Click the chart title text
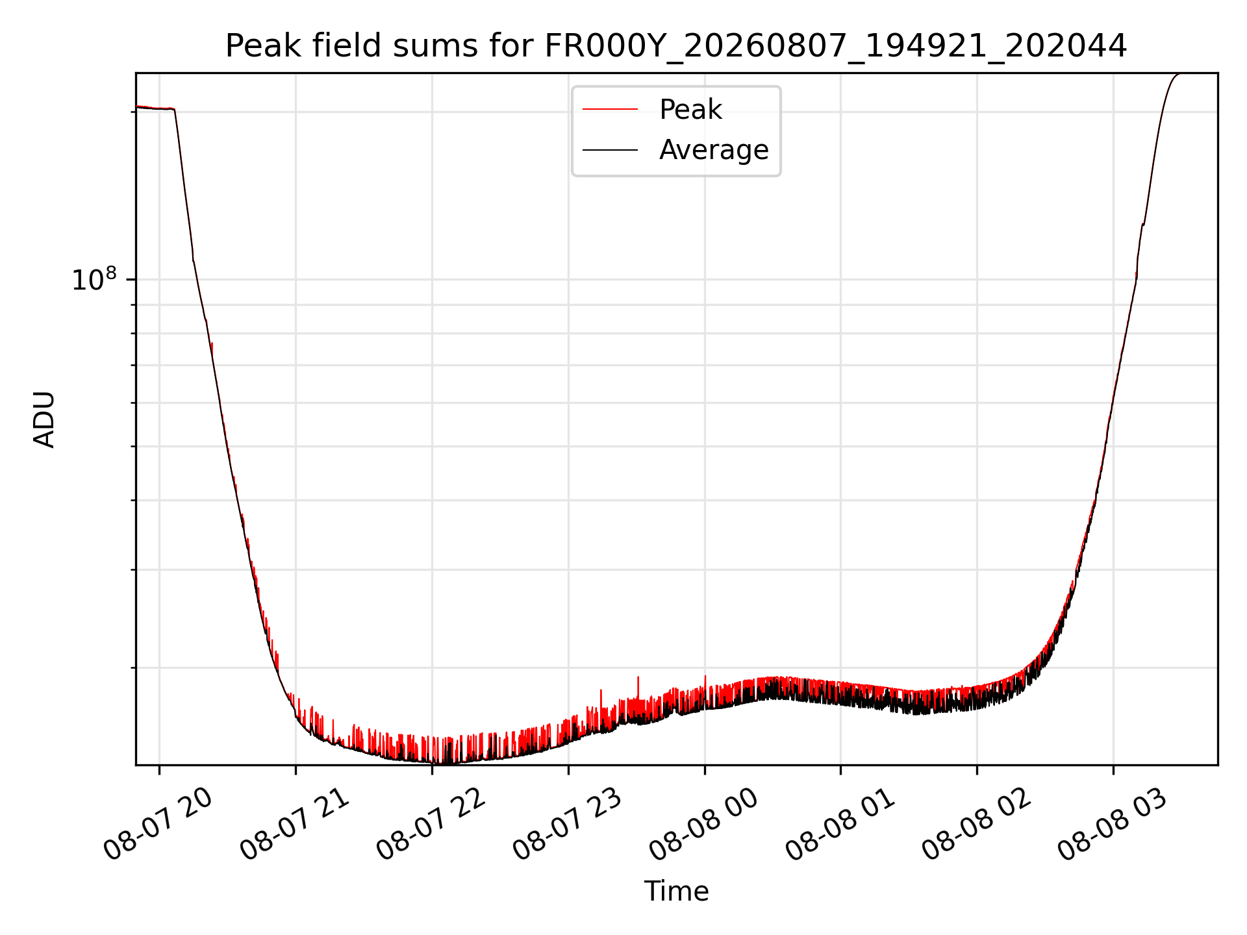tap(676, 46)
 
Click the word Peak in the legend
tap(690, 109)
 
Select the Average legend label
tap(714, 150)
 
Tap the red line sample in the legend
tap(610, 109)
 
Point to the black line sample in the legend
tap(610, 150)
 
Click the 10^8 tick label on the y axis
tap(94, 279)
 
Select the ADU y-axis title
tap(44, 419)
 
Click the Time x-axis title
tap(676, 891)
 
